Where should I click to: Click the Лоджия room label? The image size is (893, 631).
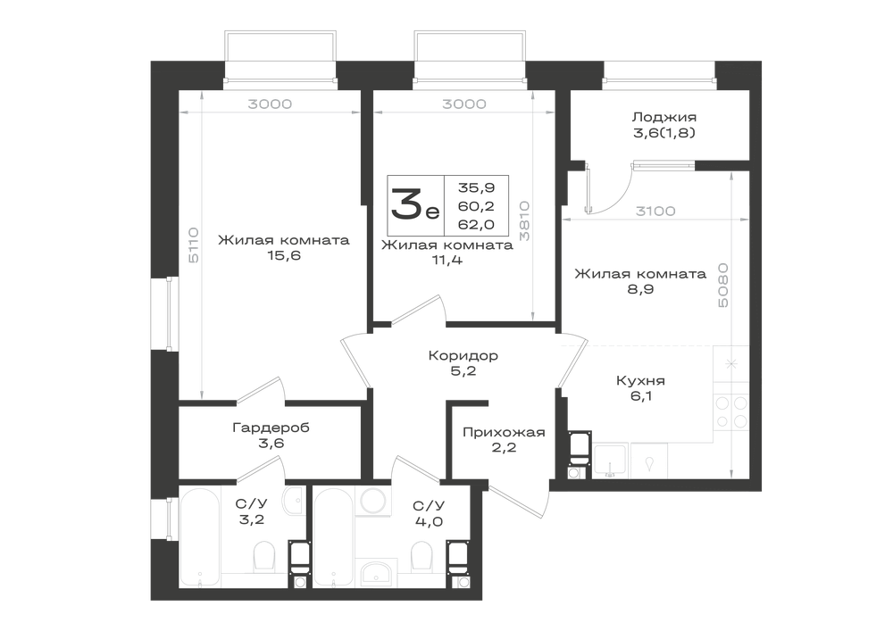click(663, 117)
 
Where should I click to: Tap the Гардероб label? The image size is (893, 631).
click(271, 428)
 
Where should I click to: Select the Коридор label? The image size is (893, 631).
click(463, 355)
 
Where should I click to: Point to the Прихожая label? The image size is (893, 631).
click(504, 433)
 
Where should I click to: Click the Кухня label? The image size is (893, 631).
click(640, 380)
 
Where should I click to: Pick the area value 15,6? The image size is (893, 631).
click(284, 255)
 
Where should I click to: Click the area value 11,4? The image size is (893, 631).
click(447, 261)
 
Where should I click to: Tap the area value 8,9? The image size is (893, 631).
click(640, 289)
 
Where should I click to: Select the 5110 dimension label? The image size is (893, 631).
click(194, 245)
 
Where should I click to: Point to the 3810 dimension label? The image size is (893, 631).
click(524, 220)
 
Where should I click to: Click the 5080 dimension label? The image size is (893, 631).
click(722, 285)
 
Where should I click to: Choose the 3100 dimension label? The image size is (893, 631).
click(655, 212)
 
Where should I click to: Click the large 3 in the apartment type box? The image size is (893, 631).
click(406, 205)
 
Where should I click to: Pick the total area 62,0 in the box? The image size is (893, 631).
click(476, 224)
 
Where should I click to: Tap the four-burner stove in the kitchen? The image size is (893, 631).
click(731, 412)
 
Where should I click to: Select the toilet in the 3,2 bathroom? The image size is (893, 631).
click(263, 556)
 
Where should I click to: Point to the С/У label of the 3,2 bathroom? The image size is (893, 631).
click(252, 504)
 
